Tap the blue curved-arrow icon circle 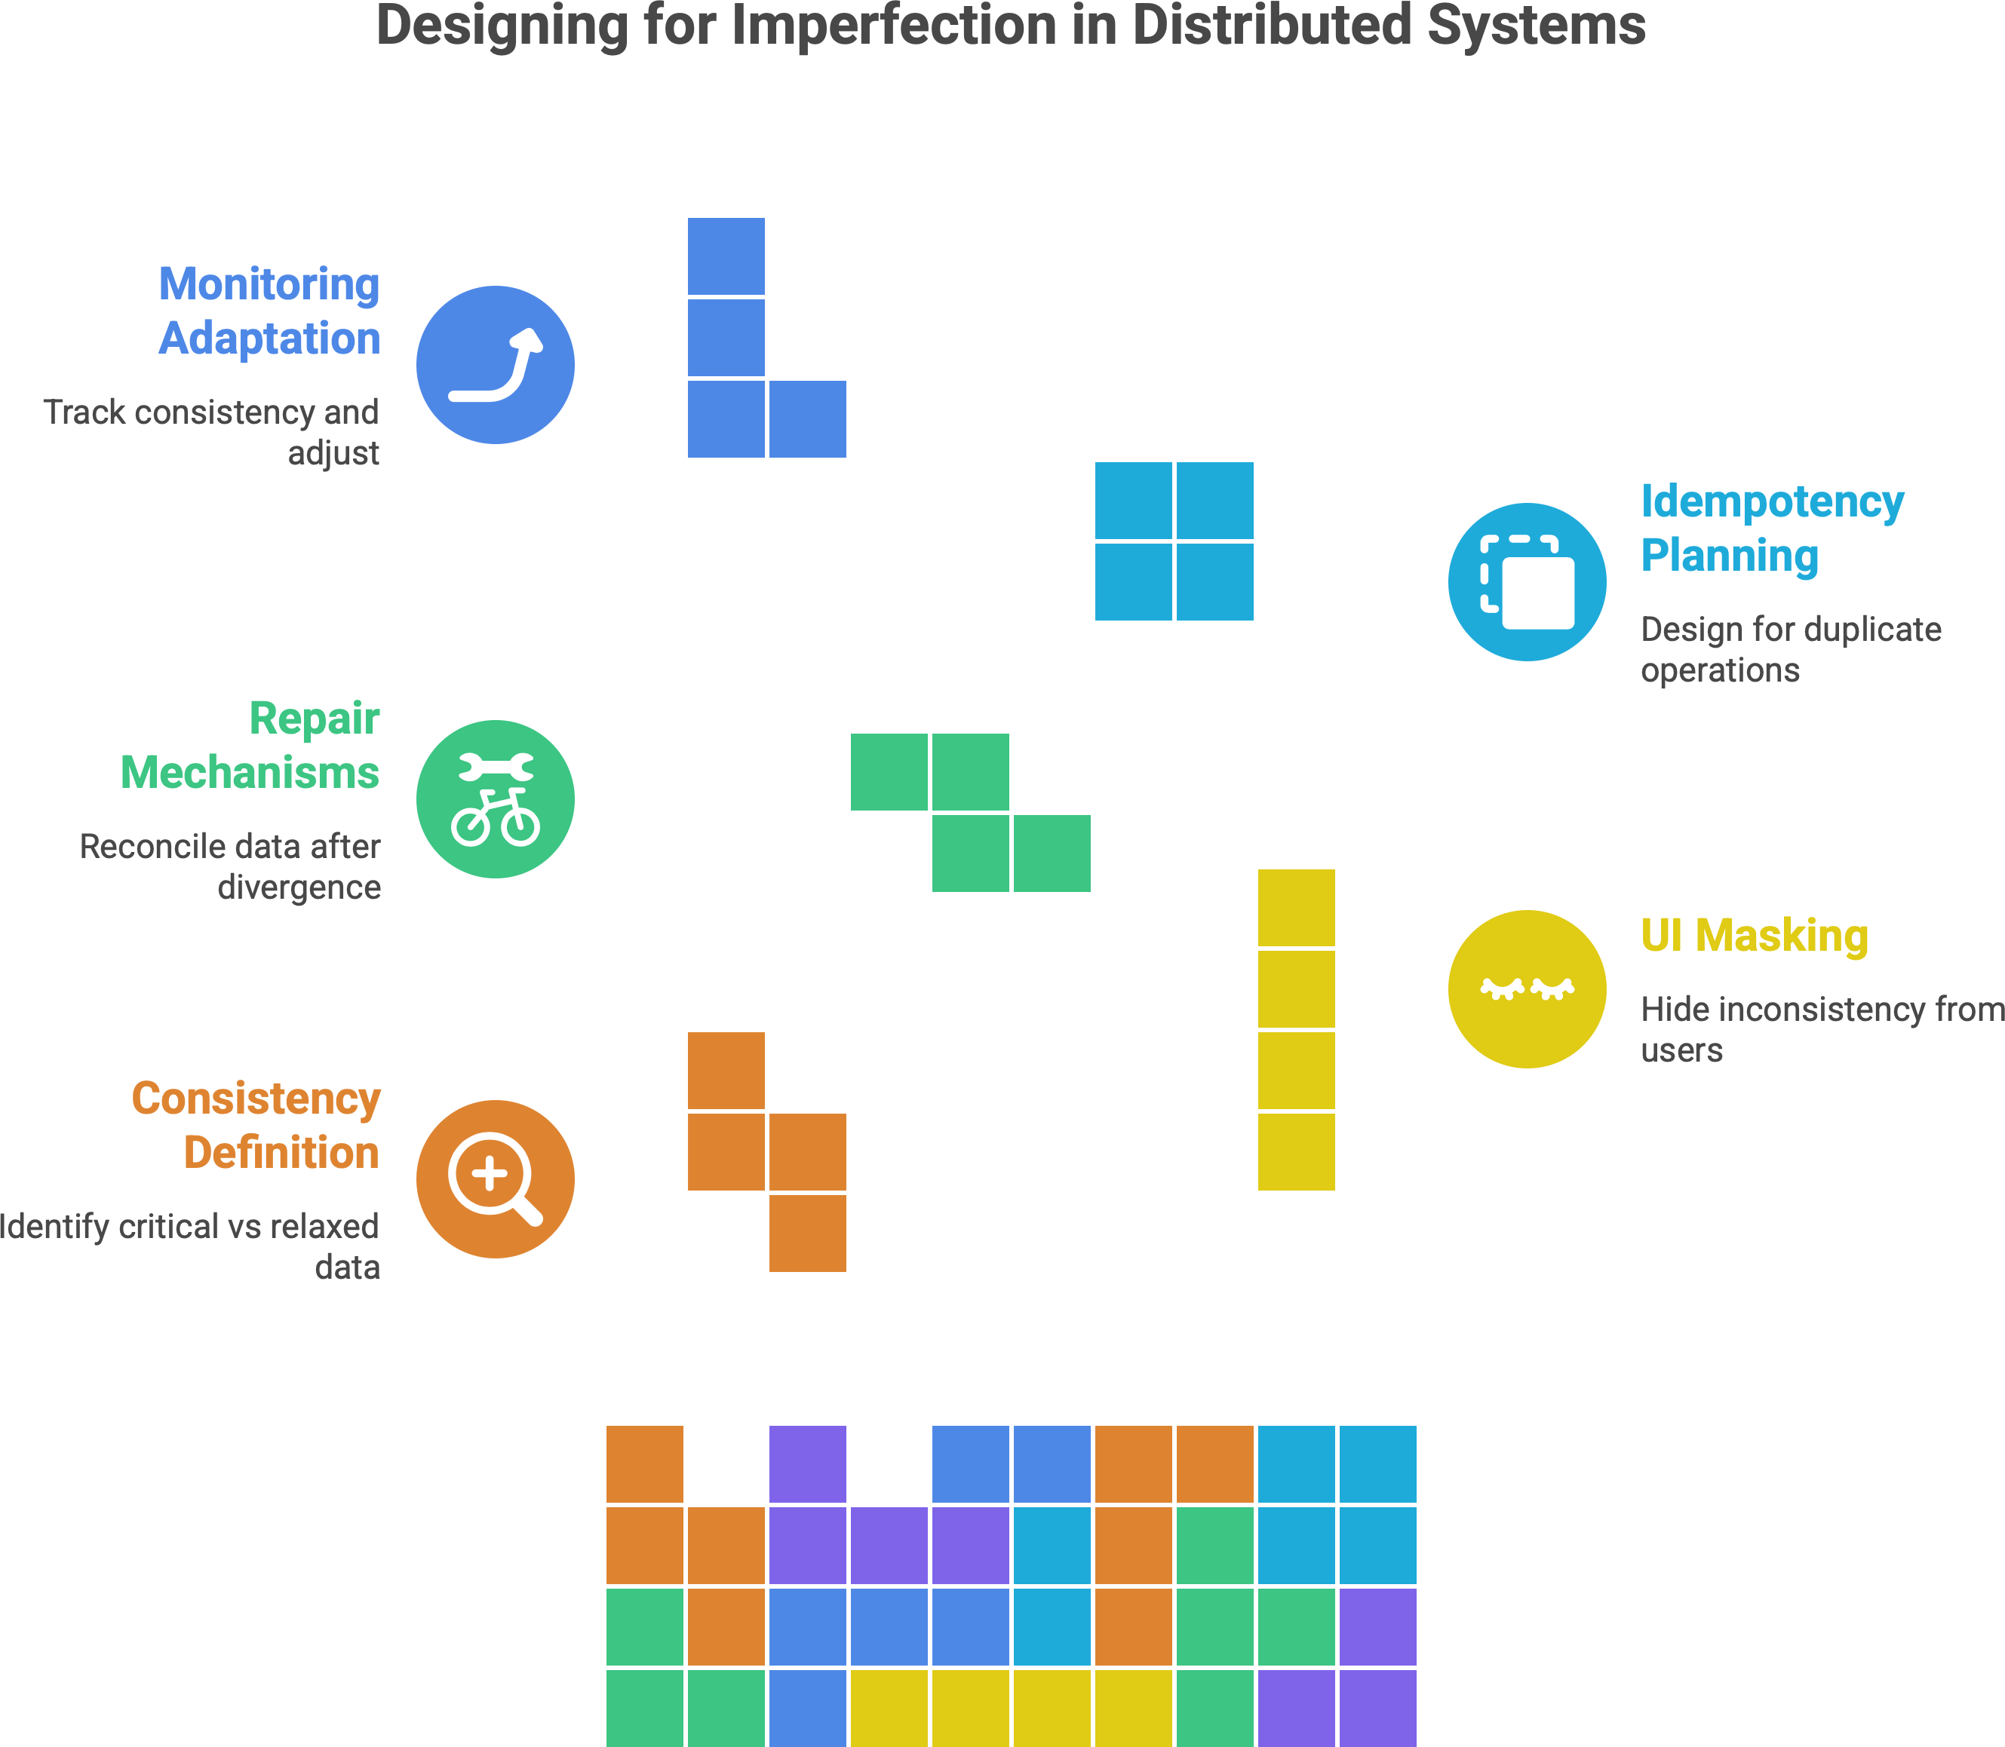pos(496,365)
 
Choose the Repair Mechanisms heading pos(250,746)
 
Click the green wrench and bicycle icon pos(496,798)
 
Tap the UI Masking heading pos(1753,936)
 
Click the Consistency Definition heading pos(256,1125)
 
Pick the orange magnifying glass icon pos(496,1178)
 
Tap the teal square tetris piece pos(1174,541)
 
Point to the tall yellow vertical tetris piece pos(1296,1028)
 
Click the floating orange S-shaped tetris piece pos(766,1151)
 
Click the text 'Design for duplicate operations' pos(1791,649)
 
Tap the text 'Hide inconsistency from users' pos(1822,1028)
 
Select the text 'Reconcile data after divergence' pos(230,866)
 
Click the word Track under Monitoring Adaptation pos(84,412)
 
